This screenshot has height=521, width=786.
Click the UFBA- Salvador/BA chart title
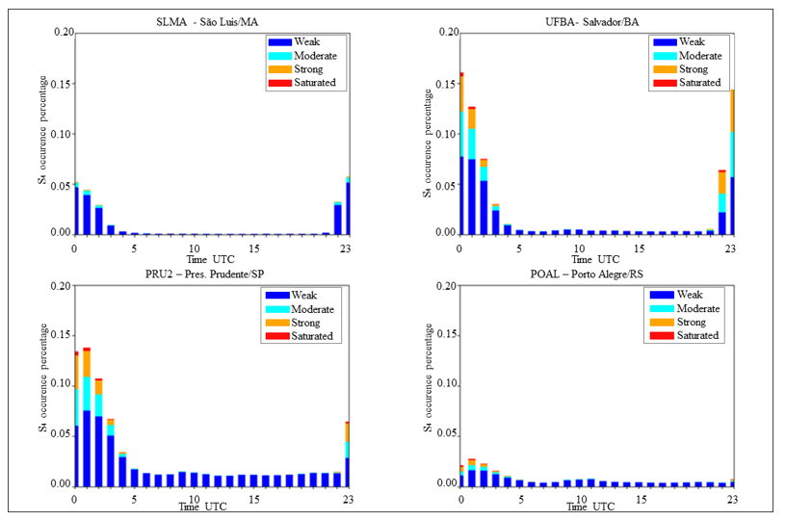[x=595, y=22]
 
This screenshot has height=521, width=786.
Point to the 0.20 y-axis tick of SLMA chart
[x=61, y=33]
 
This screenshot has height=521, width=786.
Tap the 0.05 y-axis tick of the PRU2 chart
[x=61, y=434]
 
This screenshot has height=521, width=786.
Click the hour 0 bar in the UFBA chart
[x=461, y=154]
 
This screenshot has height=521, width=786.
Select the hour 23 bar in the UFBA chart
[x=732, y=164]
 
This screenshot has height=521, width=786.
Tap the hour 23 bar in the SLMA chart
[x=348, y=207]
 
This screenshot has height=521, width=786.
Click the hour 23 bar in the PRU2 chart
[x=348, y=453]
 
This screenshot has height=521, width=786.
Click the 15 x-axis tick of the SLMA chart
[x=253, y=247]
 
